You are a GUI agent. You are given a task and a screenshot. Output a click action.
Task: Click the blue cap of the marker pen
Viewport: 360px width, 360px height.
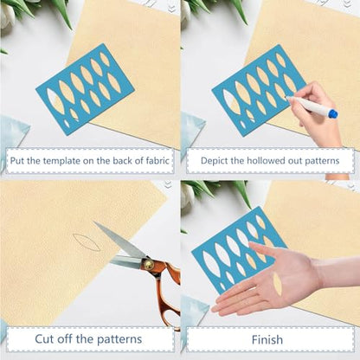pos(333,113)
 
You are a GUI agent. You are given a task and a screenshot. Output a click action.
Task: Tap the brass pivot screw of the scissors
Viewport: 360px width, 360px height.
pos(149,264)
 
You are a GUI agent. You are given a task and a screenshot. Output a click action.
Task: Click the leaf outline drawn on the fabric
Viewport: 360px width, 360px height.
pos(87,242)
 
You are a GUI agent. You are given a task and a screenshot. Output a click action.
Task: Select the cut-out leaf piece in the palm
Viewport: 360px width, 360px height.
pos(278,284)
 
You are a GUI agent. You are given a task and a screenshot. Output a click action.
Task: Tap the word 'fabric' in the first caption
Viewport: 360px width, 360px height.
pos(157,160)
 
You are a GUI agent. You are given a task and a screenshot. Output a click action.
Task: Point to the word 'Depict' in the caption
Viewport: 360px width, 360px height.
pos(211,161)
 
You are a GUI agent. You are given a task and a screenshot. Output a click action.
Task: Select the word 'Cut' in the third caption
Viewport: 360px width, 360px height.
pos(44,338)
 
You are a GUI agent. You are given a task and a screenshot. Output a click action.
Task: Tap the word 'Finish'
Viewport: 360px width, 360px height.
pos(267,339)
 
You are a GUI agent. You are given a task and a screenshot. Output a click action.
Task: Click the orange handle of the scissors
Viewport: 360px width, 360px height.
pos(166,292)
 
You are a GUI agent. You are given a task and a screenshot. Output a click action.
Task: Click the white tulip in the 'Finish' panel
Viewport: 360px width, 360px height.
pos(186,197)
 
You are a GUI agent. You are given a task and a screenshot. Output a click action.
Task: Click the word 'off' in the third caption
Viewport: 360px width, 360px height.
pos(65,338)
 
